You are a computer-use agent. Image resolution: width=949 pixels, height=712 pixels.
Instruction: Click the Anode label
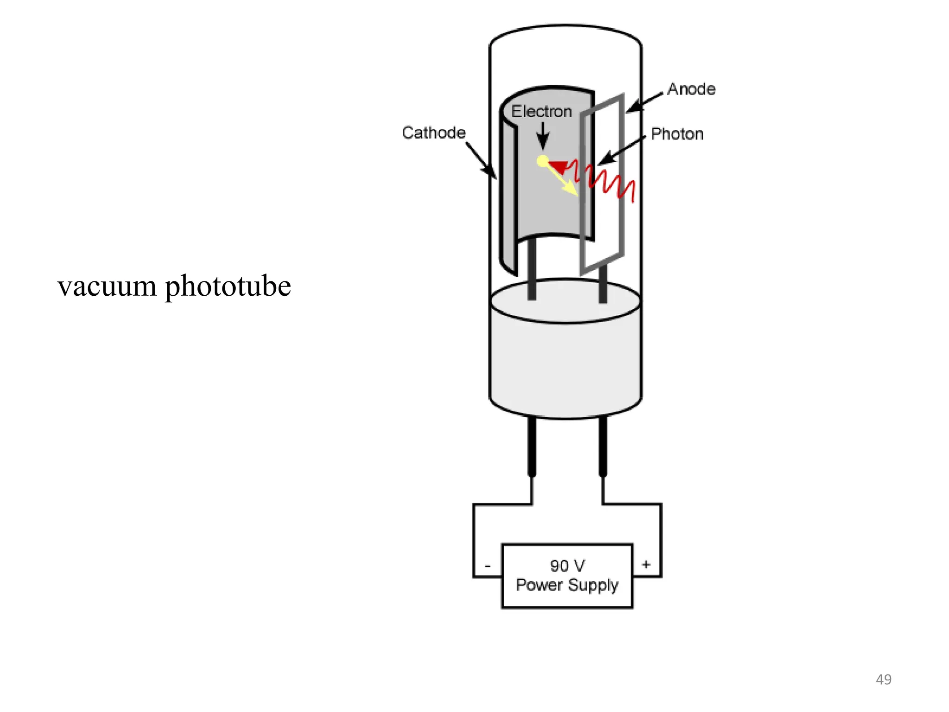691,89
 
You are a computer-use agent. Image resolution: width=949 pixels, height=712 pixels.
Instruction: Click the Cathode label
434,133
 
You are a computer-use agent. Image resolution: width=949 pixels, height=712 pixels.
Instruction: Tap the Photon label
677,134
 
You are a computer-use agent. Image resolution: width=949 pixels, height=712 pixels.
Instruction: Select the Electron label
541,111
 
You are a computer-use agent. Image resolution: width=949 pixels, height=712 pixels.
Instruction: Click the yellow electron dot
543,161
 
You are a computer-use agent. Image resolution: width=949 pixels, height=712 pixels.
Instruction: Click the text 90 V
567,566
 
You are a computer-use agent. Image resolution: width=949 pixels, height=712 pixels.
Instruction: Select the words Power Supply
567,585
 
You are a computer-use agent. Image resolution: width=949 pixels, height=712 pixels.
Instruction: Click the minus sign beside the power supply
487,566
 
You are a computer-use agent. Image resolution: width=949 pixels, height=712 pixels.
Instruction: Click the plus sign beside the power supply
646,564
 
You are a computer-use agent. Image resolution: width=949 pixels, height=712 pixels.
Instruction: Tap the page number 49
883,679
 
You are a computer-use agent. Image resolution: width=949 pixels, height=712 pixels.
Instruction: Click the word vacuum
107,286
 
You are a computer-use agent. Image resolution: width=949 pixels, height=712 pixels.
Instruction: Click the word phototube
228,286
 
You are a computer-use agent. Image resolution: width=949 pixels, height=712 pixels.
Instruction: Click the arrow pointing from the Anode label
645,102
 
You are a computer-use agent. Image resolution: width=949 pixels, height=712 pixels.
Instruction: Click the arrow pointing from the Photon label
621,151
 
